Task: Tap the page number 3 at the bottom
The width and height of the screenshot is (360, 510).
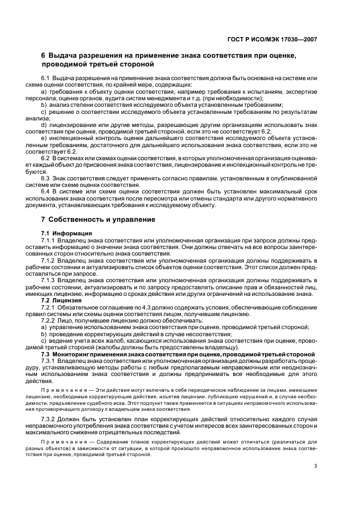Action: [x=316, y=465]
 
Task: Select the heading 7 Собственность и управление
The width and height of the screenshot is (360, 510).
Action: [x=98, y=220]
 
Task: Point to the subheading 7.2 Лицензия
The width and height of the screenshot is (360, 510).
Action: [x=62, y=300]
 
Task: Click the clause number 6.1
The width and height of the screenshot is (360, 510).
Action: [x=45, y=79]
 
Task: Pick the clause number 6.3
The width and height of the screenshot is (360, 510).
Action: [x=45, y=178]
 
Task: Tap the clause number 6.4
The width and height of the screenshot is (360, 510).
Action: [x=45, y=191]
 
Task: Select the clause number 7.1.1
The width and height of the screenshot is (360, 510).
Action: [x=48, y=240]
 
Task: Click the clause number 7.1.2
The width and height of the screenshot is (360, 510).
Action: [x=48, y=260]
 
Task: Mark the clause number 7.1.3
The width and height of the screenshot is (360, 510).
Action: [x=48, y=280]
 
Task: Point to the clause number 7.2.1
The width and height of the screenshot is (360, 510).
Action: [x=48, y=307]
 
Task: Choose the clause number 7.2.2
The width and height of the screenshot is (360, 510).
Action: [x=48, y=320]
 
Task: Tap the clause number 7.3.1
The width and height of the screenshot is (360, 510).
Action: [x=48, y=361]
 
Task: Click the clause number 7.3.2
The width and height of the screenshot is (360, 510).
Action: [x=48, y=418]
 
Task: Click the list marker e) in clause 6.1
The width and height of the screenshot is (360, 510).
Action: [x=44, y=138]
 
